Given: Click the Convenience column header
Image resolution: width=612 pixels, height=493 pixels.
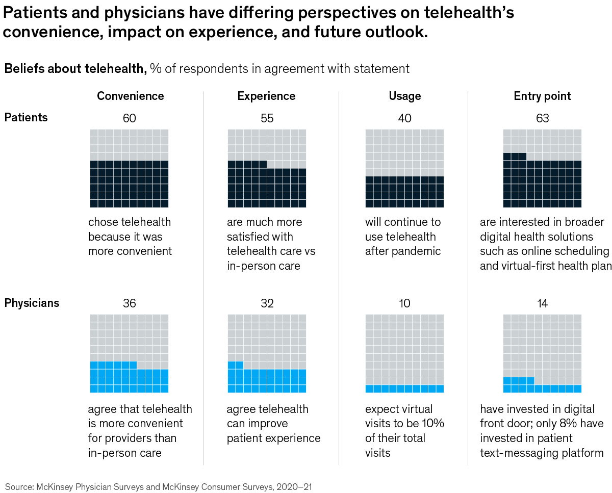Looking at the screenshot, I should coord(131,96).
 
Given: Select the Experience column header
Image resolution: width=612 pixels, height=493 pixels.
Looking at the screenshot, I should coord(266,96).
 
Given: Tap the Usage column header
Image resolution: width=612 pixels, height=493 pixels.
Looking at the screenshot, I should coord(405,96).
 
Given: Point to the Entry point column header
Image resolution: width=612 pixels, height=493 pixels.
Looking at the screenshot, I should coord(542,96).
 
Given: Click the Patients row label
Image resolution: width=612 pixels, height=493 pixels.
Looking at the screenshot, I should coord(26,117).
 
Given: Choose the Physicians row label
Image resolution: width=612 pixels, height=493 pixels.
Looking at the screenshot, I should coord(32,303).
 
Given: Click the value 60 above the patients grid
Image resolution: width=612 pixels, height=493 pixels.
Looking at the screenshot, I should coord(130,118).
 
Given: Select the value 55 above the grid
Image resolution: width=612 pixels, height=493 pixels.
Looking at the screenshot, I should coord(267,118).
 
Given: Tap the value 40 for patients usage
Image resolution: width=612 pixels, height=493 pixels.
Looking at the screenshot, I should coord(405,118).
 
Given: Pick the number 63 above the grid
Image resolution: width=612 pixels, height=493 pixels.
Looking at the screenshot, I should coord(542,118).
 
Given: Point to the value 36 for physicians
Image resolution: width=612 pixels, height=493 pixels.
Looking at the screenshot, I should coord(130,303).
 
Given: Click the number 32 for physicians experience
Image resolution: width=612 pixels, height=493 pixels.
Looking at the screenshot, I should coord(267,303).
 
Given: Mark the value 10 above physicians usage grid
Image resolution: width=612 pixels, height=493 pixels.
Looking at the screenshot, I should coord(405,303).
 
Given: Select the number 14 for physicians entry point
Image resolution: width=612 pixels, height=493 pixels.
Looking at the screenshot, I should coord(542,303).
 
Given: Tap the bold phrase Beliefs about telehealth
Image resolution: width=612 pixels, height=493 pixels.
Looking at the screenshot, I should coord(75,68).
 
